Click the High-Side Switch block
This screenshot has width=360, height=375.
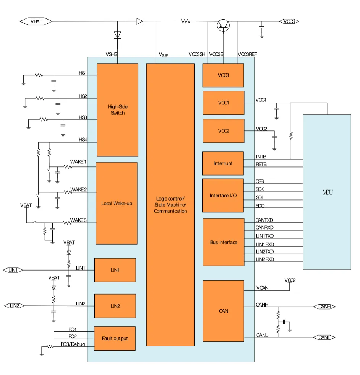(x=117, y=110)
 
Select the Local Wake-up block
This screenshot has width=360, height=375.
(x=117, y=203)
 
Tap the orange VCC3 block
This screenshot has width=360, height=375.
(x=223, y=75)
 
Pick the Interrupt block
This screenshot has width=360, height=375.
(x=223, y=163)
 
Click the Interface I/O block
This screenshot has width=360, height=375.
(x=223, y=196)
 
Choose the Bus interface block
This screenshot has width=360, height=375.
(x=224, y=242)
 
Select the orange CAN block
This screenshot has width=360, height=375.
(x=223, y=311)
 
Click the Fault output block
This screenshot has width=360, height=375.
(x=115, y=338)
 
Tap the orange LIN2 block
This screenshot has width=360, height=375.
(x=115, y=306)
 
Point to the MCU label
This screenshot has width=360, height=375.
(x=327, y=192)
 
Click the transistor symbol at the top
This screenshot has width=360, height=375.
(x=223, y=26)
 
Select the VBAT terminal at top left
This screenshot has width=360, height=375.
(x=36, y=21)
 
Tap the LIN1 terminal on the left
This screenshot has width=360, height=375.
(x=13, y=270)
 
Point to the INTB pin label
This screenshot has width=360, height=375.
(x=261, y=157)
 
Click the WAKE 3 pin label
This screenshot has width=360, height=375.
(x=78, y=220)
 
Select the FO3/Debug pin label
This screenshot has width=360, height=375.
(x=73, y=344)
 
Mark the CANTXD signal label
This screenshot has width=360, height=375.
(x=264, y=220)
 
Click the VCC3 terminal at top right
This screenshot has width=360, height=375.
(x=289, y=21)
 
